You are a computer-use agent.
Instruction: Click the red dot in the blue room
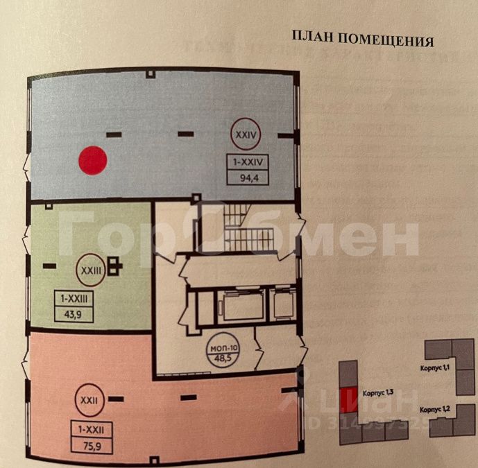[92, 159]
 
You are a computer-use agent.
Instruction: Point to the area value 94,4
[246, 177]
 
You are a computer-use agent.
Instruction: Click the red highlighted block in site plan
[350, 396]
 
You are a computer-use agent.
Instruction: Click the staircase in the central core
[243, 229]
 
